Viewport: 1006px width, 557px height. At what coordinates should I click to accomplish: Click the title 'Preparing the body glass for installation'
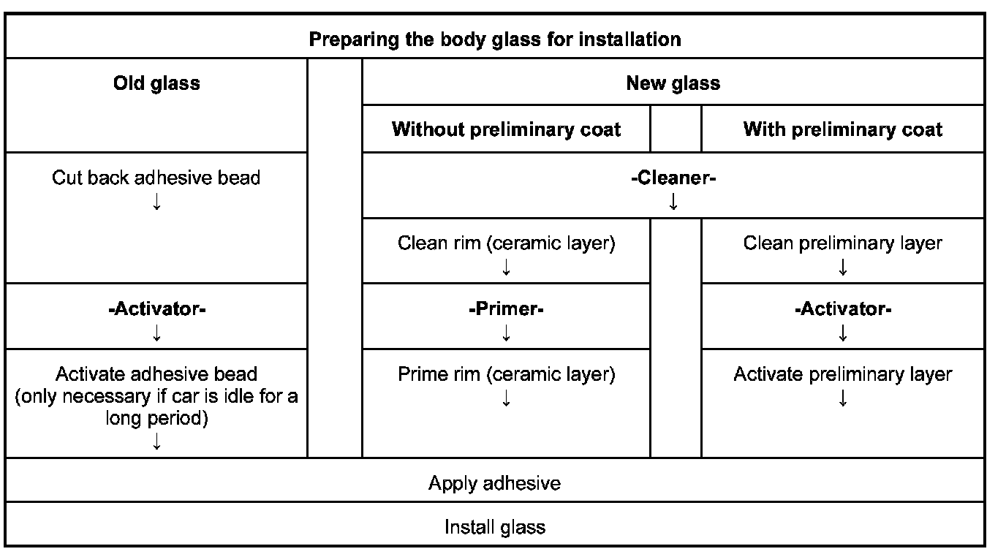(x=494, y=39)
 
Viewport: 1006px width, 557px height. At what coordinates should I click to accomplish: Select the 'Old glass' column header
(x=156, y=83)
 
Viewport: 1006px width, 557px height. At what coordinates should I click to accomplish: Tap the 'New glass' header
(x=673, y=83)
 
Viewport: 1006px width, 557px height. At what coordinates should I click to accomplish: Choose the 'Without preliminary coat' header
(x=506, y=129)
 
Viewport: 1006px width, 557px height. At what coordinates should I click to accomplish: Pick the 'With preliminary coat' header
(x=842, y=129)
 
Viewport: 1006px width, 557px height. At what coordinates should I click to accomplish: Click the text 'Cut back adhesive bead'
(x=156, y=178)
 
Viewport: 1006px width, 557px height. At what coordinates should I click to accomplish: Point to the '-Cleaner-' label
(x=673, y=178)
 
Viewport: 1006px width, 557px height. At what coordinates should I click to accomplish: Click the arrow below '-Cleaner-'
(x=673, y=202)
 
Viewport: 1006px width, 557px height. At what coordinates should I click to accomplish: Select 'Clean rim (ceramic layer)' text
(x=506, y=243)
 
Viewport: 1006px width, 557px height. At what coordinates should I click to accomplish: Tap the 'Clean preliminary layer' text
(x=842, y=243)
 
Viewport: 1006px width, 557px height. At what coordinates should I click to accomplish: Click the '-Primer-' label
(x=506, y=309)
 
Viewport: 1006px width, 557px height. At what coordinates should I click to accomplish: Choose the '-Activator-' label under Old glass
(x=156, y=309)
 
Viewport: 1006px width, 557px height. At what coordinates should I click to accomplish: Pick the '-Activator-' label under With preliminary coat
(x=842, y=309)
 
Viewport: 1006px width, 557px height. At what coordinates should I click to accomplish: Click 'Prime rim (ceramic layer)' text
(x=506, y=374)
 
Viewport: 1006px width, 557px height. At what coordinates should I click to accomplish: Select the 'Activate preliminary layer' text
(x=842, y=374)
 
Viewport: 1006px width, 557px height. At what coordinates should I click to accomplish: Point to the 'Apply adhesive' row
(x=494, y=483)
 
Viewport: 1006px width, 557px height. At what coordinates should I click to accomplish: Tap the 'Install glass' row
(x=494, y=527)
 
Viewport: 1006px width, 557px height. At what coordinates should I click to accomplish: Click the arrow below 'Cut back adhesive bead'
(x=156, y=202)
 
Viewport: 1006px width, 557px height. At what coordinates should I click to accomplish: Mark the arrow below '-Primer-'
(x=506, y=333)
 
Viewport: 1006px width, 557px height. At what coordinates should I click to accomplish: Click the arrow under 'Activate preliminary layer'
(x=842, y=398)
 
